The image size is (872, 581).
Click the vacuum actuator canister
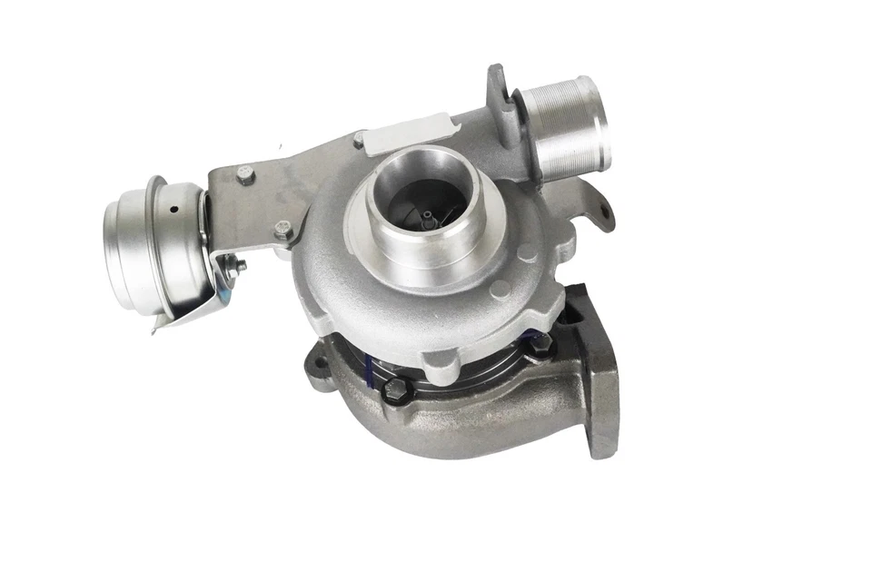[x=150, y=243]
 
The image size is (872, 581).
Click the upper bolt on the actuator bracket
[x=244, y=175]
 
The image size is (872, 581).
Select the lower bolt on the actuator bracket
[x=283, y=231]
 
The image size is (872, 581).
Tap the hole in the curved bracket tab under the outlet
[x=600, y=213]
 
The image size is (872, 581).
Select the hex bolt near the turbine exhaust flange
[x=535, y=344]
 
